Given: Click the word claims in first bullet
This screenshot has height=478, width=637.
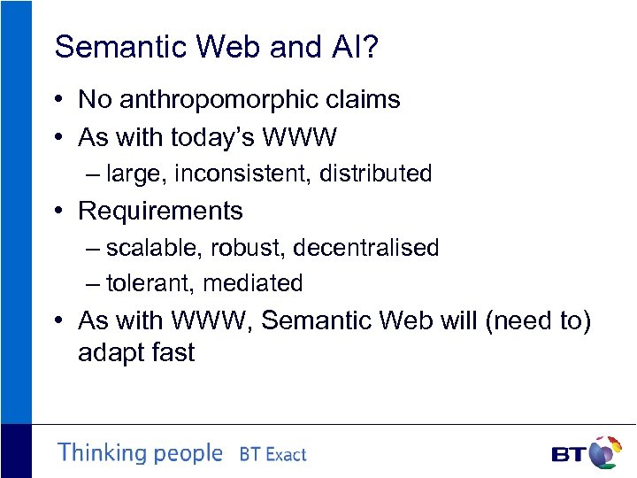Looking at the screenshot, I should pyautogui.click(x=364, y=100).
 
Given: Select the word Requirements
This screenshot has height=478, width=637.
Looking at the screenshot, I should pyautogui.click(x=160, y=211).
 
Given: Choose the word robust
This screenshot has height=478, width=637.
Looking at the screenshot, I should pyautogui.click(x=248, y=248).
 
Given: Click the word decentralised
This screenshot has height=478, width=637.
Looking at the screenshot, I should pyautogui.click(x=365, y=248).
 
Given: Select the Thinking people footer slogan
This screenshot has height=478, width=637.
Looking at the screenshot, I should pyautogui.click(x=140, y=453).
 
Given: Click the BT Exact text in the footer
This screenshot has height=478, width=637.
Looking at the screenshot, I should pyautogui.click(x=272, y=455).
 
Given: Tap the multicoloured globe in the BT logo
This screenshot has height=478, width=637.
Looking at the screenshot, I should pyautogui.click(x=604, y=452).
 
